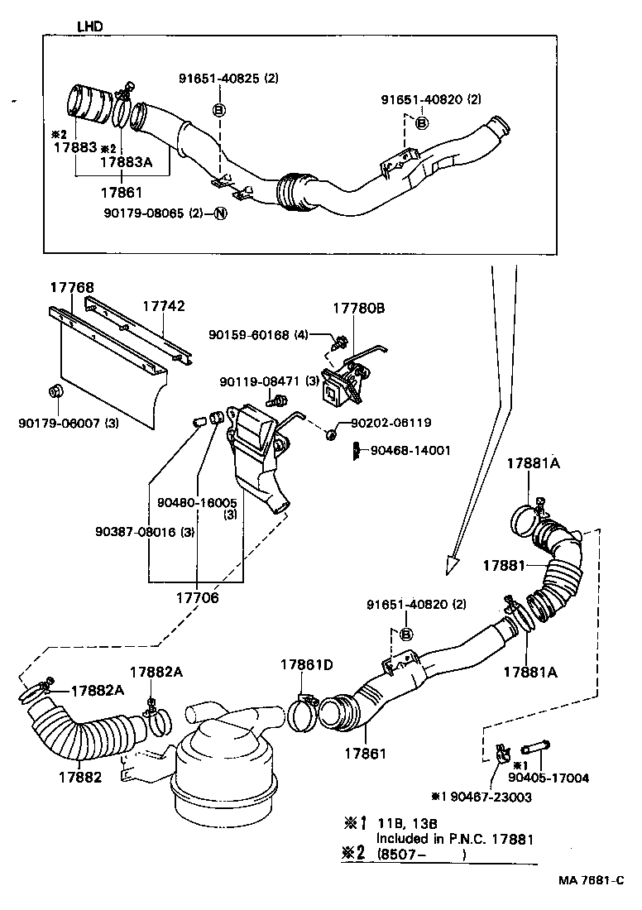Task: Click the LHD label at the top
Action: (x=90, y=26)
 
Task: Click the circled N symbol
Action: (x=220, y=213)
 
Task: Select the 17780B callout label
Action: (x=359, y=307)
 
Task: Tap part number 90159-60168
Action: (x=248, y=335)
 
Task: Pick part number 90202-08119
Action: (x=390, y=422)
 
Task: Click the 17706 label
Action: (x=199, y=596)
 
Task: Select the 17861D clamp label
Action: (x=306, y=664)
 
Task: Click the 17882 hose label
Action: (x=80, y=777)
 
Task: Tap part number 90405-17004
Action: (x=549, y=778)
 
